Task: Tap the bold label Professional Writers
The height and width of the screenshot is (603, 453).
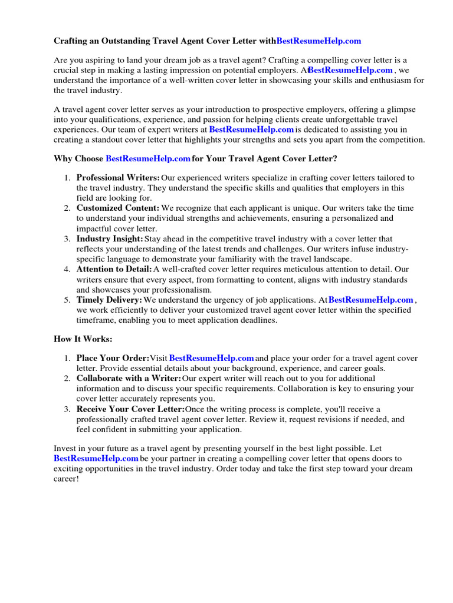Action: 118,178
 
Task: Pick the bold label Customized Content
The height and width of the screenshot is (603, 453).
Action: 117,208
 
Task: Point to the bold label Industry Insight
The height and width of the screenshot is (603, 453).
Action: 110,239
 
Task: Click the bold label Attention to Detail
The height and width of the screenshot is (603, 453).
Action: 114,270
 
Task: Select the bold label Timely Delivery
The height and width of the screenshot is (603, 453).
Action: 109,300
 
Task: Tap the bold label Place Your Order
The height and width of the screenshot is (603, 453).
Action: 113,358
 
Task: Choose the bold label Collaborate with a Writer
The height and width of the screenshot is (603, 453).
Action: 129,378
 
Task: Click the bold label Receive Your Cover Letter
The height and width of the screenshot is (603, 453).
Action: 130,409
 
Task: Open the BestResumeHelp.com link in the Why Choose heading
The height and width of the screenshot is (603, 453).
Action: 148,159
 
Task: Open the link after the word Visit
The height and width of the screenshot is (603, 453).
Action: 212,358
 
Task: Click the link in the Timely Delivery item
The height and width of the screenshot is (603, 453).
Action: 371,300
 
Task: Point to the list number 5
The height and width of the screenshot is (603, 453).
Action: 67,300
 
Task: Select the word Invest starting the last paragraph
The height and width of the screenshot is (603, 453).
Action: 65,449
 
